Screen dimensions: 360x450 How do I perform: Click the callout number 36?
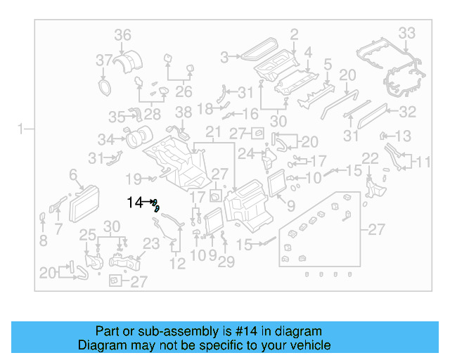pyautogui.click(x=123, y=34)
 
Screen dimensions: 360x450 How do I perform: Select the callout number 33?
pyautogui.click(x=407, y=32)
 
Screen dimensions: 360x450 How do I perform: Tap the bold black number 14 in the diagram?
pyautogui.click(x=134, y=202)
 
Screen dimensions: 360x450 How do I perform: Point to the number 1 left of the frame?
pyautogui.click(x=22, y=129)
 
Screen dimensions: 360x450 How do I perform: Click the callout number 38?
pyautogui.click(x=183, y=112)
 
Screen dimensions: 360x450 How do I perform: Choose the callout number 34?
pyautogui.click(x=106, y=139)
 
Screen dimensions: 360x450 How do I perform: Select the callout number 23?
pyautogui.click(x=152, y=244)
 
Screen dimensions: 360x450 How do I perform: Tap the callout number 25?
pyautogui.click(x=87, y=235)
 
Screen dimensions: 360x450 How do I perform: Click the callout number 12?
pyautogui.click(x=177, y=264)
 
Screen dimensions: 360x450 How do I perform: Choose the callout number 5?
pyautogui.click(x=328, y=65)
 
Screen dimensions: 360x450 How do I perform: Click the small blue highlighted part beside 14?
pyautogui.click(x=156, y=206)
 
